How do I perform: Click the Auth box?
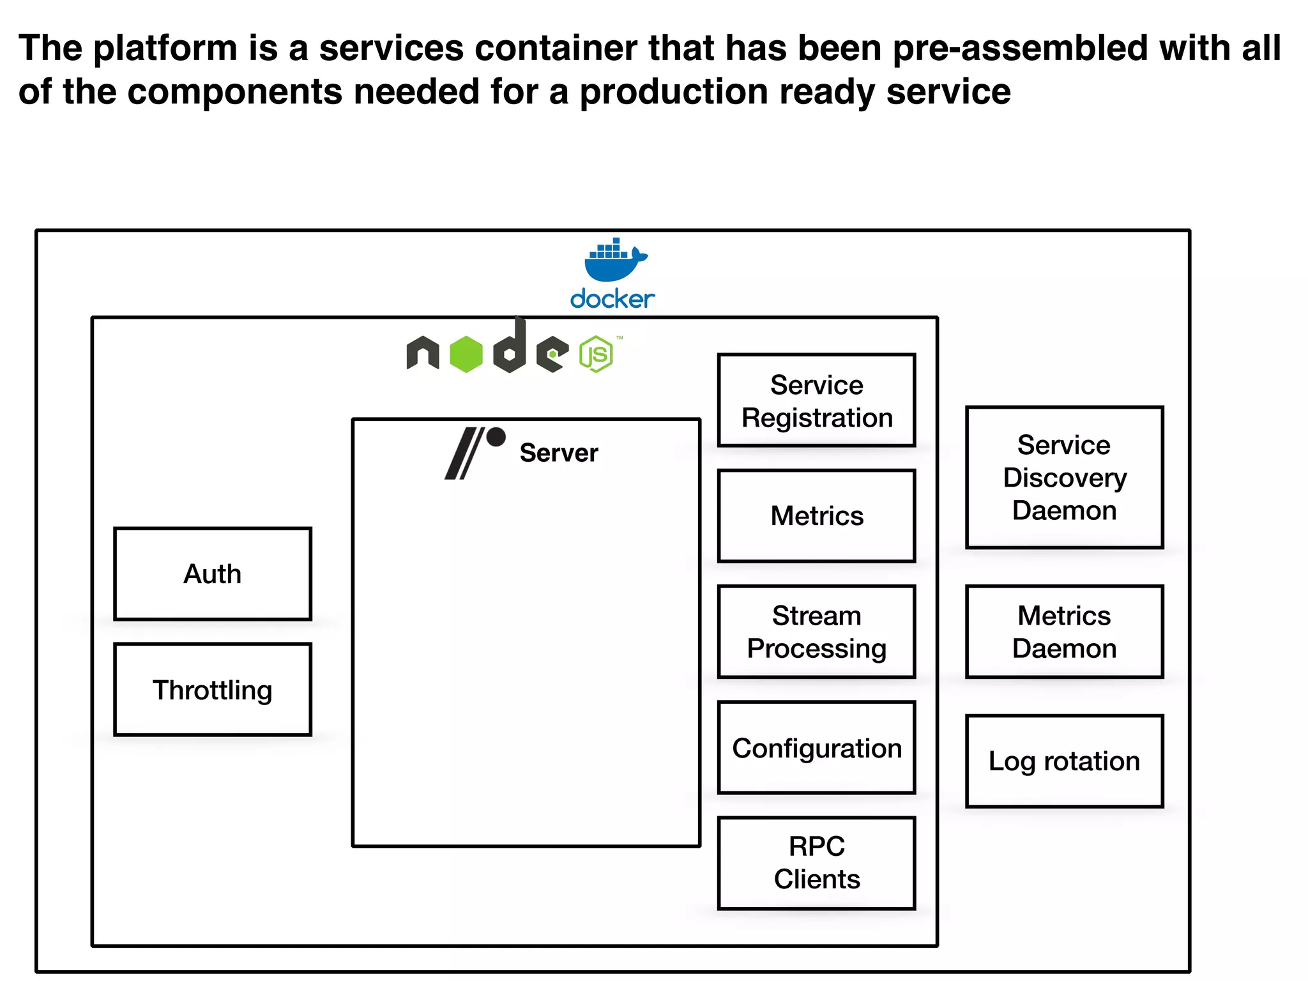pos(213,574)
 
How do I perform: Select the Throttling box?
pos(213,689)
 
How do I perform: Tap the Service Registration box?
pos(816,400)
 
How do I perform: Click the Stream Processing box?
pos(816,632)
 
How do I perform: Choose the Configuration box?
pos(816,747)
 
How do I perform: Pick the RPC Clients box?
pos(816,863)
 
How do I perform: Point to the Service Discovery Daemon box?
pos(1064,477)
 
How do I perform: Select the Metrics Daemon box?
pos(1064,632)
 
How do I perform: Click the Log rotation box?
pos(1064,761)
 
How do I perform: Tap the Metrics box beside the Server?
pos(816,516)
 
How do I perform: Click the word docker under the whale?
pos(612,299)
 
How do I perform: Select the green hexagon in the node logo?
pos(466,354)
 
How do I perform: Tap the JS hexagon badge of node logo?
pos(596,354)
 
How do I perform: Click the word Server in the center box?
pos(559,453)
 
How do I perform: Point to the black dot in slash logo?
pos(496,437)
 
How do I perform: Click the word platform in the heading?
pos(165,49)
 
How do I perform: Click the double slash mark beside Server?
pos(464,454)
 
